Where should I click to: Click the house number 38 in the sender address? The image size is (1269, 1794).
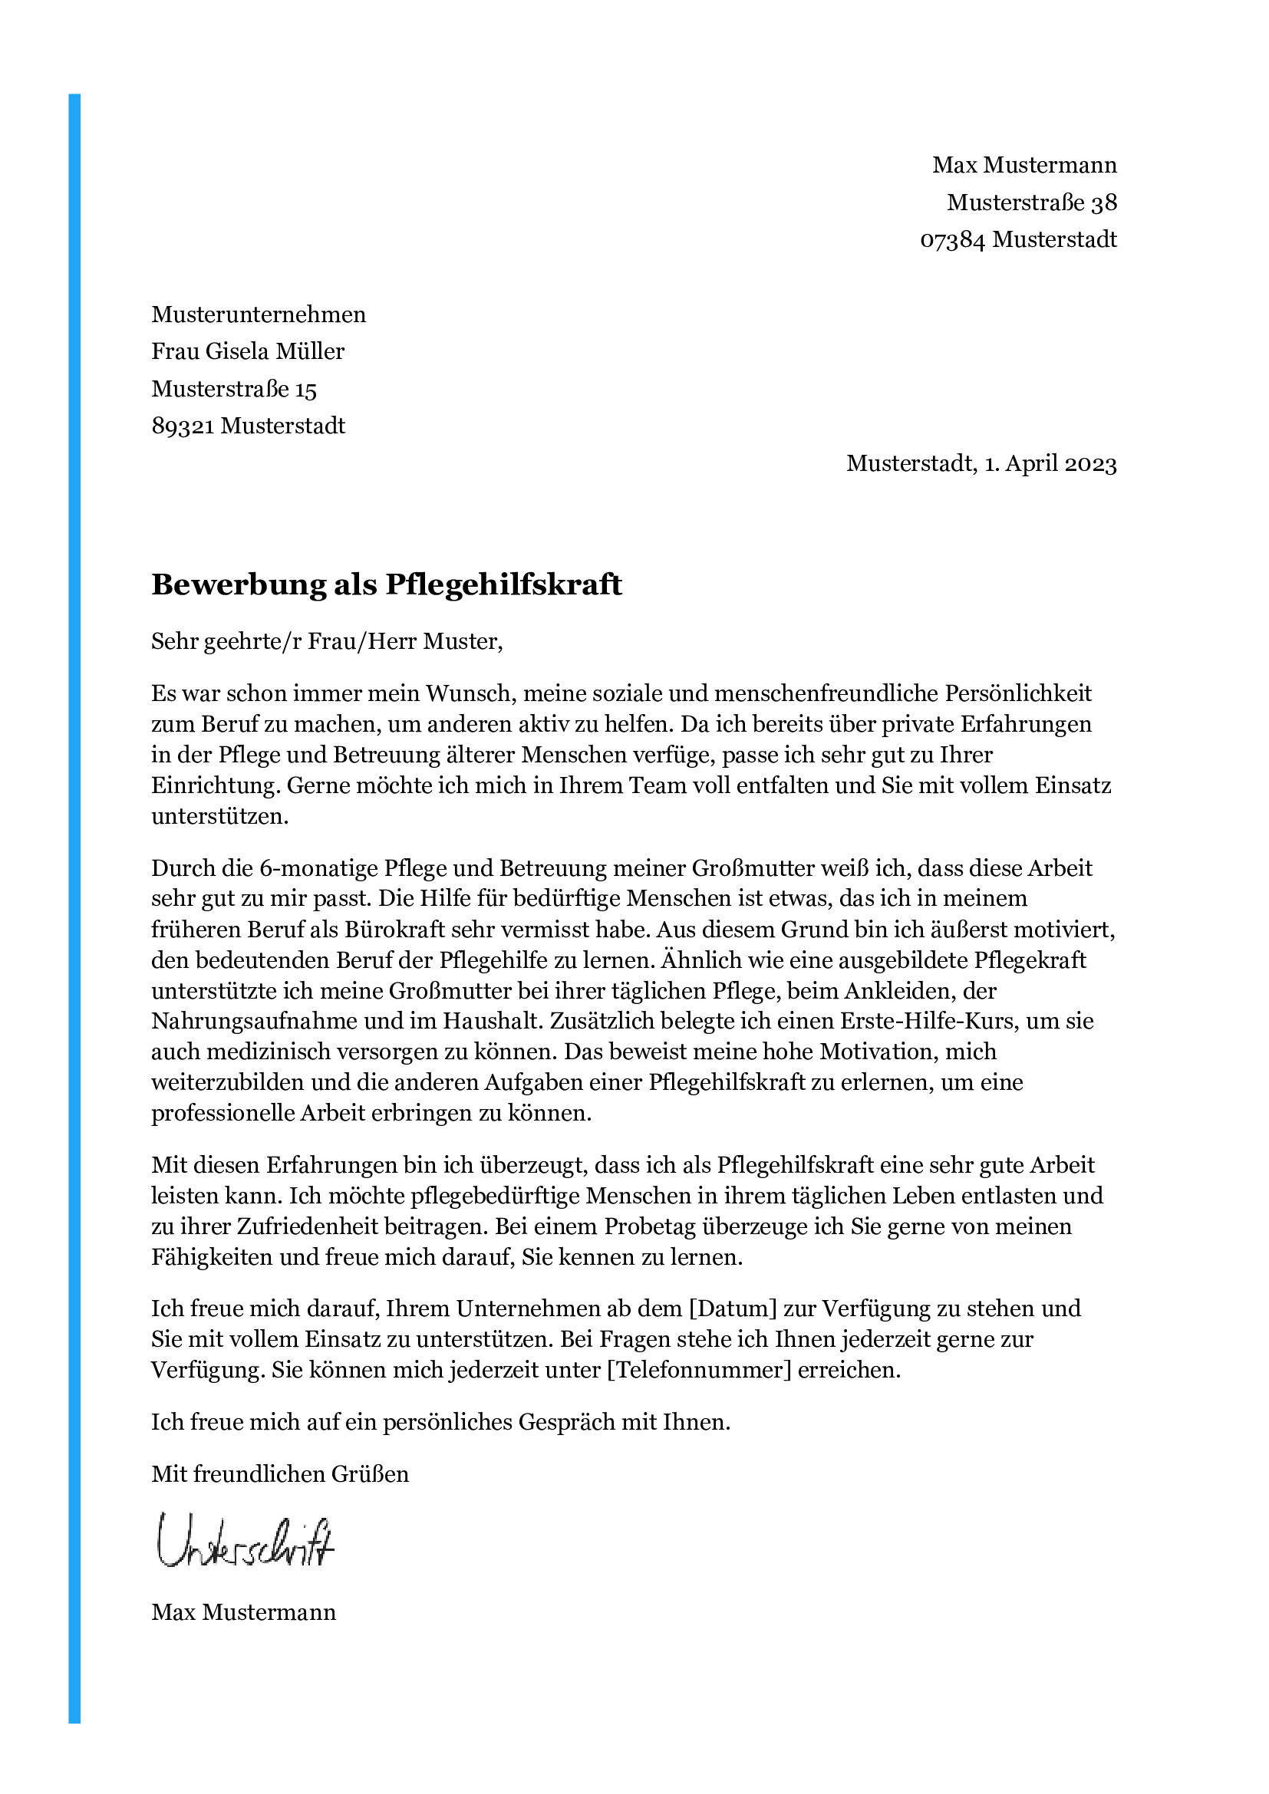[1103, 202]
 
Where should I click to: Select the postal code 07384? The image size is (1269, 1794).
[953, 239]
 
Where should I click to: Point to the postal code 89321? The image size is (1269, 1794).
[183, 426]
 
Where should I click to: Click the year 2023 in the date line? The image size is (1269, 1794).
[1090, 464]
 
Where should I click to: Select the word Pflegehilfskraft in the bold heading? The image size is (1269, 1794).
[503, 584]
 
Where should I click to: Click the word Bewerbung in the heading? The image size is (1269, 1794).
[239, 584]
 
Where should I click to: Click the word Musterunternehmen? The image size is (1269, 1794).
[259, 314]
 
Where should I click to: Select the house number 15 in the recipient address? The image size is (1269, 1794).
[305, 389]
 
